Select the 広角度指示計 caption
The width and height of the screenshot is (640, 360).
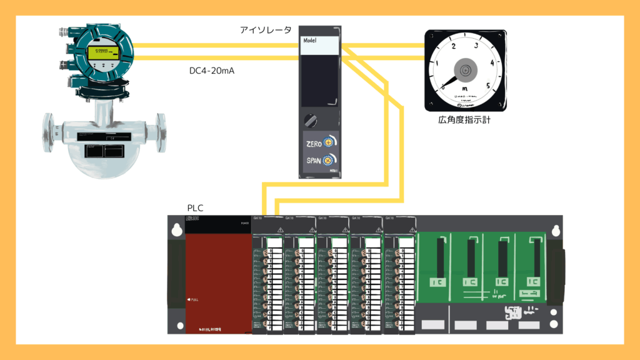click(464, 119)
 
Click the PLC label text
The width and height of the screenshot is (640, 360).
click(196, 207)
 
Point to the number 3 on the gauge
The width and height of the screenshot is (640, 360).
click(476, 45)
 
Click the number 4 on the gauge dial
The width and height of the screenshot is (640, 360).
click(493, 62)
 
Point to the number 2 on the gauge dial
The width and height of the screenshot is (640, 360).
click(453, 46)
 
